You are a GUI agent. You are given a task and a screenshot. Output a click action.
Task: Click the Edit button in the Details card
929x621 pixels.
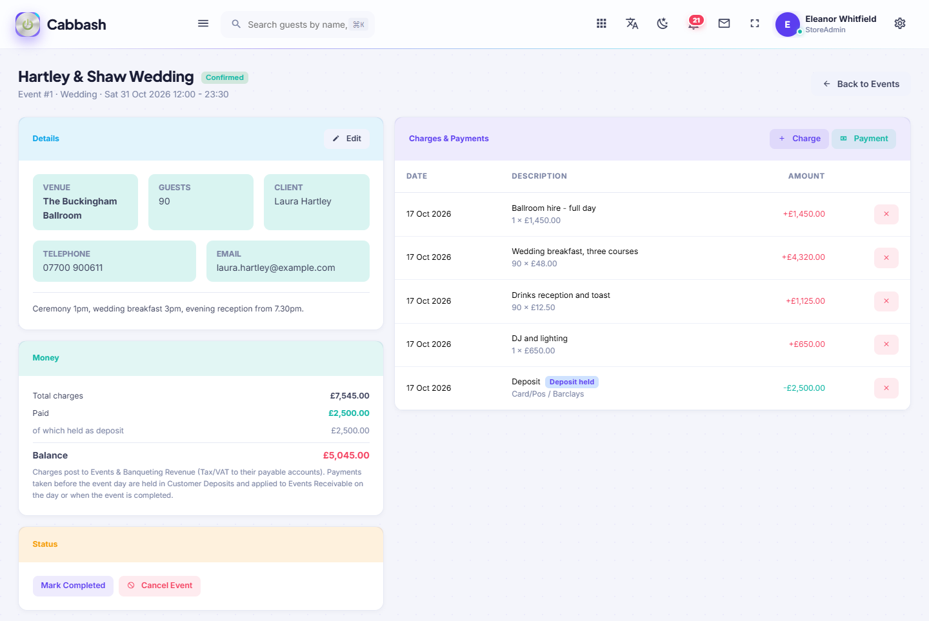click(346, 139)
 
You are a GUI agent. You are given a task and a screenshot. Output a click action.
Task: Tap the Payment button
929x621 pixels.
click(864, 139)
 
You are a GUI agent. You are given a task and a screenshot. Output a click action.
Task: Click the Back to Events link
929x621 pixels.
click(861, 84)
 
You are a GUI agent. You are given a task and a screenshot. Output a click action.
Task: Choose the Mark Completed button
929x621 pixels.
click(73, 586)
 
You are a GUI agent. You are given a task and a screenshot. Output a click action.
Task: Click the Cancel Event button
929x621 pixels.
click(160, 586)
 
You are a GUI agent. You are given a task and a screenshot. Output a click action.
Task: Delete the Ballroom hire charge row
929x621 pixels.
click(886, 214)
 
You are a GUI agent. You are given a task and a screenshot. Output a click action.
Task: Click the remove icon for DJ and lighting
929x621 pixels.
click(886, 344)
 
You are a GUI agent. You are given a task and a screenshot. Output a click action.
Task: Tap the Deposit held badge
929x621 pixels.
click(572, 382)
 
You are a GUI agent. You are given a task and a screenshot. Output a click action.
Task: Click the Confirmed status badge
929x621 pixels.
click(225, 77)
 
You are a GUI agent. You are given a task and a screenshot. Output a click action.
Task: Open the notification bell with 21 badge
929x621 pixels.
click(694, 23)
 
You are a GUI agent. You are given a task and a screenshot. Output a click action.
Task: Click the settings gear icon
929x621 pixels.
click(899, 24)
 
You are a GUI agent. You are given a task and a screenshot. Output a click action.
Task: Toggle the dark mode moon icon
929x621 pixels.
click(663, 24)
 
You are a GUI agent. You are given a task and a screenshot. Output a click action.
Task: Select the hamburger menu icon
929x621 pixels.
click(203, 24)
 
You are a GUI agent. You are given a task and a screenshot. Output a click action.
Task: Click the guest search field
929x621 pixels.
click(298, 25)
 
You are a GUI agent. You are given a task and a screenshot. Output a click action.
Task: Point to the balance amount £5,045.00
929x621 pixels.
click(346, 455)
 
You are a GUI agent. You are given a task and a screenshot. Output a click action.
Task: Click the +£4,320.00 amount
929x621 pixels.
click(803, 257)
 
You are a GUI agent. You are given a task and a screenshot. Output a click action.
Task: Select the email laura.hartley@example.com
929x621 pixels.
click(276, 268)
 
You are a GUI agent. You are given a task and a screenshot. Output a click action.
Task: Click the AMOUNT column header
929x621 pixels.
click(806, 176)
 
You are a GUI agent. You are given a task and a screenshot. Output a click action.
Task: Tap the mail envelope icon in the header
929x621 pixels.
click(724, 24)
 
